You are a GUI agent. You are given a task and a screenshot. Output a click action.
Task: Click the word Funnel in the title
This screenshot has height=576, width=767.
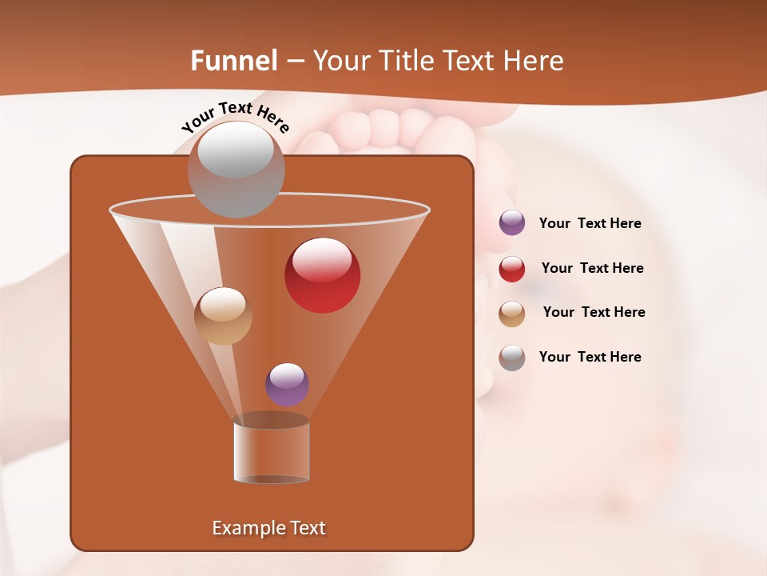pyautogui.click(x=234, y=61)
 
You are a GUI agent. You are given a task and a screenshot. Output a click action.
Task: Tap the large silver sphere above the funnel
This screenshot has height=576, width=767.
pyautogui.click(x=236, y=169)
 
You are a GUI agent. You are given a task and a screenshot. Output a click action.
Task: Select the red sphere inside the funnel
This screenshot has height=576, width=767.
pyautogui.click(x=323, y=275)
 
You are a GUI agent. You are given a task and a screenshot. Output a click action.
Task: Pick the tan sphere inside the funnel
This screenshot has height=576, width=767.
pyautogui.click(x=223, y=316)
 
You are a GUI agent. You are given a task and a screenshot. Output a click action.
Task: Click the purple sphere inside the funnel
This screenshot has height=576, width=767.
pyautogui.click(x=287, y=384)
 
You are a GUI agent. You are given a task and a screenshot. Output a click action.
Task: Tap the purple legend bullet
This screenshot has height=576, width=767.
pyautogui.click(x=512, y=223)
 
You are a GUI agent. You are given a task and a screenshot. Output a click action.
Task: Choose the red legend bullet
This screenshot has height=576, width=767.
pyautogui.click(x=512, y=269)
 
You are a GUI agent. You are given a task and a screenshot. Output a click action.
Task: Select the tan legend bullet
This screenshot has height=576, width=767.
pyautogui.click(x=512, y=314)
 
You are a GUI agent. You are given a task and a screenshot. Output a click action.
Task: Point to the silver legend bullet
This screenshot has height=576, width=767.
pyautogui.click(x=512, y=358)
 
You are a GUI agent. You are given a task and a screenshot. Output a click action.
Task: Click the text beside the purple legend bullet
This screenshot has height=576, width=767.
pyautogui.click(x=590, y=224)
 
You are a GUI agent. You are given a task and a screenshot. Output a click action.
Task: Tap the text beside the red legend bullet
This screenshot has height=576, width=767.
pyautogui.click(x=592, y=268)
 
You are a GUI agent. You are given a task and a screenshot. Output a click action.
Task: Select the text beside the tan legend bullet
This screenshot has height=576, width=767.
pyautogui.click(x=594, y=312)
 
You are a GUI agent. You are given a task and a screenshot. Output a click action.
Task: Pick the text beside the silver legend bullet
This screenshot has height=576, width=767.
pyautogui.click(x=590, y=357)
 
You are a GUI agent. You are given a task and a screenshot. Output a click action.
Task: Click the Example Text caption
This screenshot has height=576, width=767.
pyautogui.click(x=269, y=528)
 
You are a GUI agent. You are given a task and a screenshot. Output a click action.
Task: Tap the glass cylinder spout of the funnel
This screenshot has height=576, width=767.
pyautogui.click(x=272, y=449)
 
